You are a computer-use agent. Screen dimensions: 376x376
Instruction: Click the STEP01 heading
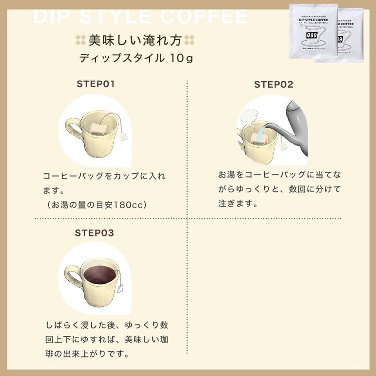click(96, 84)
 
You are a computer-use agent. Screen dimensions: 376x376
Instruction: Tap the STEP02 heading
click(273, 84)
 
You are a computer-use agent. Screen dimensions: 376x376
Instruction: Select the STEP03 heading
click(94, 233)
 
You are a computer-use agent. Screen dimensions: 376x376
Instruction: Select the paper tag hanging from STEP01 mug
click(124, 136)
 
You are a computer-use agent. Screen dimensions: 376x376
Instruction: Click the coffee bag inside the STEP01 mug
click(98, 129)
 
